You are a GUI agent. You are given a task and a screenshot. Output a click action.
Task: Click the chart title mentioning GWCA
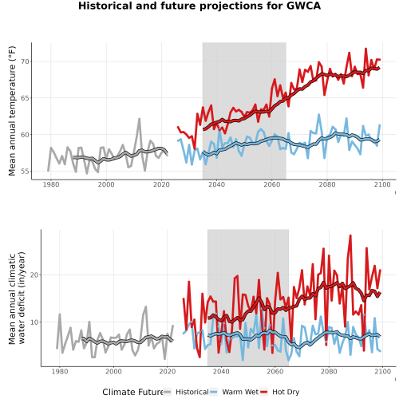[x=199, y=6]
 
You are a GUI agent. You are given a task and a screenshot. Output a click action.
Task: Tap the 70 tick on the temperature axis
[x=25, y=61]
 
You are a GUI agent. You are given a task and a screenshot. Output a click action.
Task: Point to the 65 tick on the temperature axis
[x=25, y=98]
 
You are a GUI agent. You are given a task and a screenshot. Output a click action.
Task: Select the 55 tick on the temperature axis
[x=25, y=172]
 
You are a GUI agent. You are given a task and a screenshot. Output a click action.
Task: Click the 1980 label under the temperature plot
[x=51, y=184]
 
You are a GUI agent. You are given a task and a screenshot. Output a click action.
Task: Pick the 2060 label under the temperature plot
[x=272, y=184]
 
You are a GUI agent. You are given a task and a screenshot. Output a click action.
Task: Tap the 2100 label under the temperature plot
[x=382, y=184]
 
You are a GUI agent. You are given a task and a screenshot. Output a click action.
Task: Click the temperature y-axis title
[x=12, y=111]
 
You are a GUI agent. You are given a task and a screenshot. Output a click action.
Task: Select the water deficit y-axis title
[x=17, y=298]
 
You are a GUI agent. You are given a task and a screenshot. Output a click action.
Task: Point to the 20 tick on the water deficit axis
[x=34, y=275]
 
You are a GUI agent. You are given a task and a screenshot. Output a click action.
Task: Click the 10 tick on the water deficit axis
[x=34, y=322]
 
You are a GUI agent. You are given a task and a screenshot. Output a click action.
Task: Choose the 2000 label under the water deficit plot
[x=113, y=371]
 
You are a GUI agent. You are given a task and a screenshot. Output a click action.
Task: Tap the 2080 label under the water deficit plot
[x=329, y=371]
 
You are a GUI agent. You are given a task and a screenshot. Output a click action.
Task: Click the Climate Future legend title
[x=132, y=392]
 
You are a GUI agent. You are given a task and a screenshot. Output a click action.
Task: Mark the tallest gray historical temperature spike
[x=139, y=119]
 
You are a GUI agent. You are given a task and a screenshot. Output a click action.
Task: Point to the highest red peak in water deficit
[x=350, y=235]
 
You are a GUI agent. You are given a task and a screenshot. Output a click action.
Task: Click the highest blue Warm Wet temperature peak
[x=318, y=115]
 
